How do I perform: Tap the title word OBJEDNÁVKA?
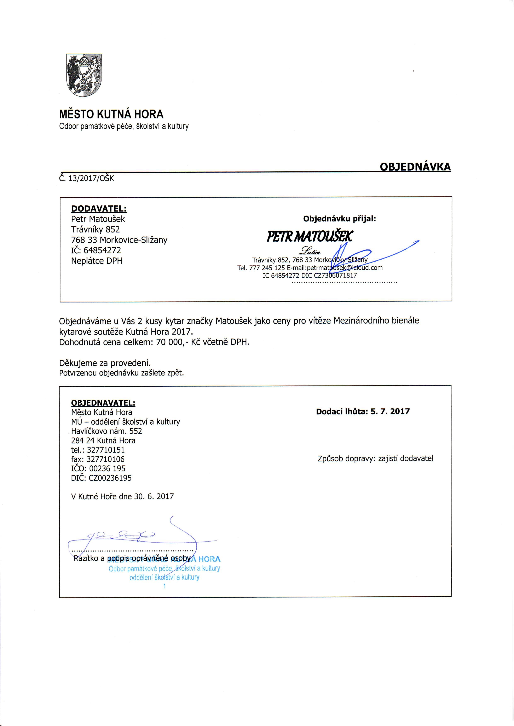(415, 167)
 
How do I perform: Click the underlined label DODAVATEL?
(99, 209)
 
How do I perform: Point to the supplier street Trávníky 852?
(95, 229)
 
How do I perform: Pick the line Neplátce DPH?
(97, 261)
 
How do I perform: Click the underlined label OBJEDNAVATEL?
(103, 403)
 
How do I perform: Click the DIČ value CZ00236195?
(110, 478)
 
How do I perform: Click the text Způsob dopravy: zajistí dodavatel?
(375, 459)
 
